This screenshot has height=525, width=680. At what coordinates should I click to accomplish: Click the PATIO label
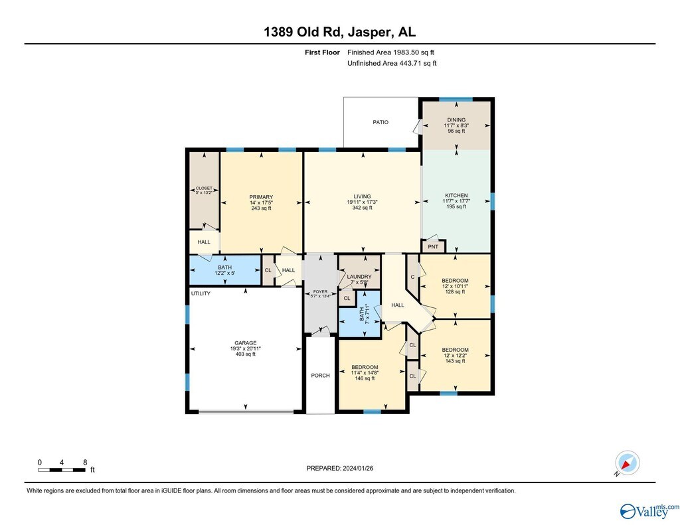click(x=381, y=122)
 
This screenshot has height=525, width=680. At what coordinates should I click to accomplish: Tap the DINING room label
click(x=456, y=119)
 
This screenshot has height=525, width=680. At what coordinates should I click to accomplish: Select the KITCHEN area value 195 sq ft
click(x=456, y=207)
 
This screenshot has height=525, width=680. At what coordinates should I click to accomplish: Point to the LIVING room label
click(x=362, y=196)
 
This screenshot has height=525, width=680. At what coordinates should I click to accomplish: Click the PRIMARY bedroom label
click(x=261, y=197)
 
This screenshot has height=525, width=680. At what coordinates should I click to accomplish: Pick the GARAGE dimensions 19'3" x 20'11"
click(x=246, y=348)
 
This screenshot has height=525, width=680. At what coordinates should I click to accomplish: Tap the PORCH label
click(x=321, y=376)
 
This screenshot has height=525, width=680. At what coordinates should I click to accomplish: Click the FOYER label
click(x=321, y=292)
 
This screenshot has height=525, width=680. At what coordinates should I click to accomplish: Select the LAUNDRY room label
click(x=359, y=277)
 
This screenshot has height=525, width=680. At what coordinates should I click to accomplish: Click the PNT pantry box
click(x=433, y=247)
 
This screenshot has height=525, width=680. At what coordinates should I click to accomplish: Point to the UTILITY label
click(x=201, y=293)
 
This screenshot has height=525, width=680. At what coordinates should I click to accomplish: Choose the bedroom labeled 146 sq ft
click(x=365, y=367)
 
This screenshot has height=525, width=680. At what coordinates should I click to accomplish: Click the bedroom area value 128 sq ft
click(x=455, y=292)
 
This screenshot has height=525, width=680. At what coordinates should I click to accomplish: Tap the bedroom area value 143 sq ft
click(x=455, y=361)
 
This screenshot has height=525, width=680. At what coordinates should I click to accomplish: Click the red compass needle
click(x=626, y=466)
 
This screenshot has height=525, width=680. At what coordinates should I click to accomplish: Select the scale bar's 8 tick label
click(x=85, y=463)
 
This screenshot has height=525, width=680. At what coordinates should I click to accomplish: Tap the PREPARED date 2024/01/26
click(x=358, y=468)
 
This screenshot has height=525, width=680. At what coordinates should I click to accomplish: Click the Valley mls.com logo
click(x=649, y=511)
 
